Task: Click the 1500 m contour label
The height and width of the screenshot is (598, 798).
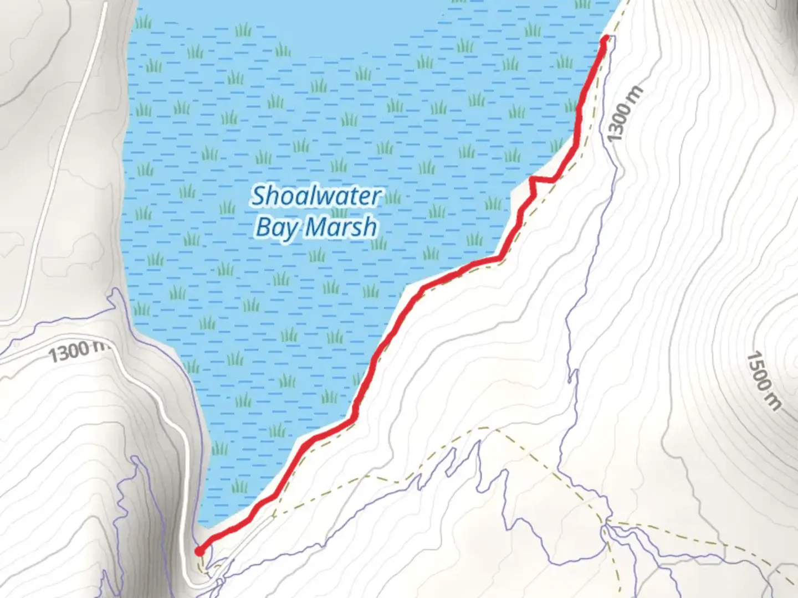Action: [x=764, y=381]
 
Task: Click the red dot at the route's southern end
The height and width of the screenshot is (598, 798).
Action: [x=199, y=550]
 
